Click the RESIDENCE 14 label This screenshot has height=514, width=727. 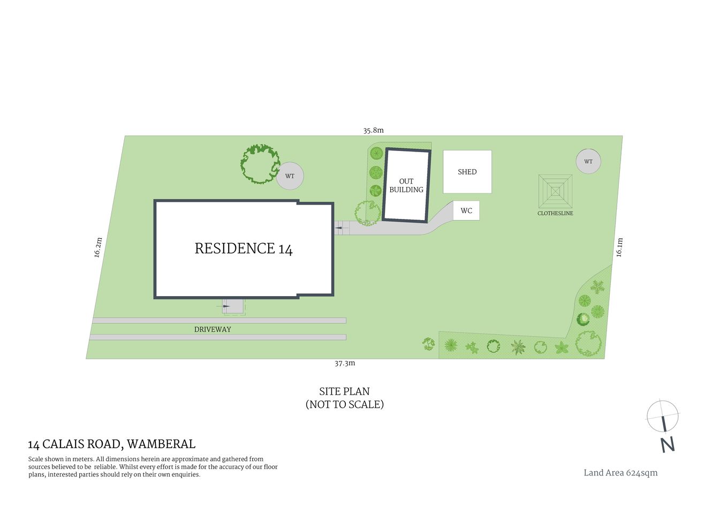244,248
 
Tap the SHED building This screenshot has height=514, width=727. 467,172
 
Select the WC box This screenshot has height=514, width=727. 466,210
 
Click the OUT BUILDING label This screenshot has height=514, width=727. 406,185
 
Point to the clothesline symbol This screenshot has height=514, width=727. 555,191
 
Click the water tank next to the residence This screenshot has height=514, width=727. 290,176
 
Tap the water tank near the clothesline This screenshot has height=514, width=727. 588,161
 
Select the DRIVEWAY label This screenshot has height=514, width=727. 213,329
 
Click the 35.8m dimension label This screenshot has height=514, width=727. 373,130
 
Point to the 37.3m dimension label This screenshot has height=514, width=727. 345,363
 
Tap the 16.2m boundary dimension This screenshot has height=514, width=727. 98,247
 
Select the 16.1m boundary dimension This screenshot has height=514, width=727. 619,247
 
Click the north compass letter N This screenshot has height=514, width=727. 667,444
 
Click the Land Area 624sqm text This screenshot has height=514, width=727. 620,473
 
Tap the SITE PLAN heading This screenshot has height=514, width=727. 344,391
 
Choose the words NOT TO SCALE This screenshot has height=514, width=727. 344,404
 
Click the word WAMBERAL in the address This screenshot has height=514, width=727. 161,444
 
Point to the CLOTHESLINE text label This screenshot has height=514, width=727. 555,213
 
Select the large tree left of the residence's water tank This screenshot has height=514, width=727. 260,164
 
